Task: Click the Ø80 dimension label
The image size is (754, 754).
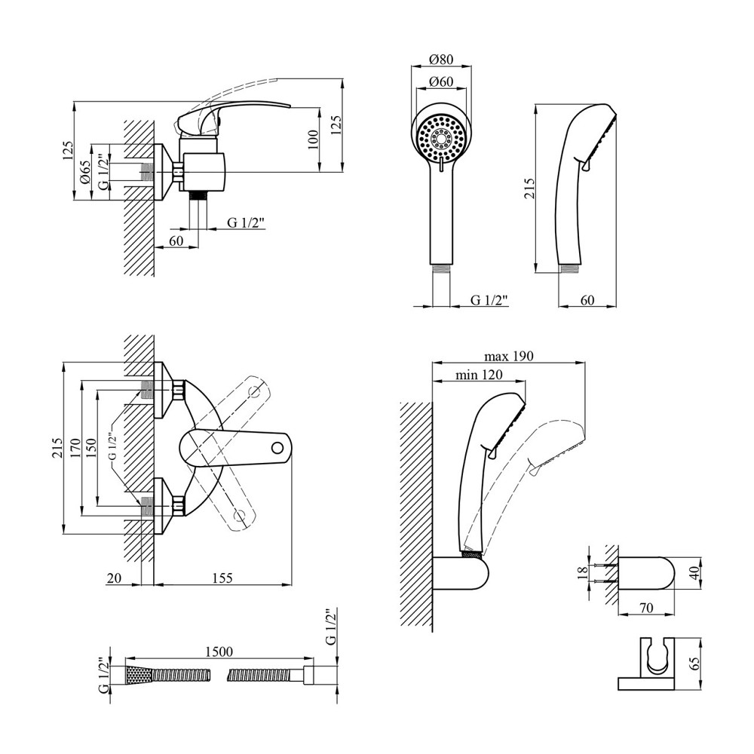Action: point(442,59)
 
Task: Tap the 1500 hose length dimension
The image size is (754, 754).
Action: point(217,651)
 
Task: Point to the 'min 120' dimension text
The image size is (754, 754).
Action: point(480,375)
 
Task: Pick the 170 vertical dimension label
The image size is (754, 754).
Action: point(74,449)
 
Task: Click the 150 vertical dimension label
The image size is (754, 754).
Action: point(91,449)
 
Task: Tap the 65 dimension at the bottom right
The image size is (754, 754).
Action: point(694,664)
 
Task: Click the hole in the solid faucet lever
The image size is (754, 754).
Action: point(278,446)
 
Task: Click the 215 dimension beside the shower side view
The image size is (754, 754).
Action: point(529,188)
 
